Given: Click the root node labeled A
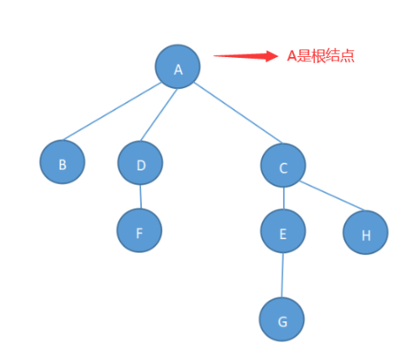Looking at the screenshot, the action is click(178, 66).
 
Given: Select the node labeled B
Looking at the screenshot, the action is click(62, 162).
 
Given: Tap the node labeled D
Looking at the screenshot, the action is click(140, 163).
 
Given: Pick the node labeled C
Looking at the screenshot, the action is click(283, 165).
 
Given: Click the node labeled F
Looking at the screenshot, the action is click(139, 230).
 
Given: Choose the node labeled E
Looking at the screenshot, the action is click(283, 231).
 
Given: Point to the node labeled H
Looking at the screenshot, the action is click(365, 232).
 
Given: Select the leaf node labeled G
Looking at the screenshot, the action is click(281, 319).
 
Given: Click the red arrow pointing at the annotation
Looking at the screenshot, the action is click(246, 56).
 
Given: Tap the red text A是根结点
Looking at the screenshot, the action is click(321, 56).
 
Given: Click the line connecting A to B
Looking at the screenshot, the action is click(112, 111).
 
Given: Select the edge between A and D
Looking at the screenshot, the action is click(159, 115).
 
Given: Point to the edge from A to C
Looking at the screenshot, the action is click(238, 112).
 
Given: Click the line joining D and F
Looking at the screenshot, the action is click(140, 196).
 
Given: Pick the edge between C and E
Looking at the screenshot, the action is click(284, 198).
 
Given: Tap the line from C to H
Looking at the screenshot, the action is click(333, 196).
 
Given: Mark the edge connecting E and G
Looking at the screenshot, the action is click(282, 275).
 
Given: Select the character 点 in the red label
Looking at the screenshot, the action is click(348, 56).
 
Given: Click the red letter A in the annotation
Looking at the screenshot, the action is click(291, 56).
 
